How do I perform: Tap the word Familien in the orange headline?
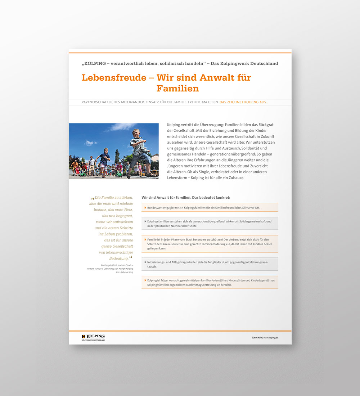click(x=177, y=88)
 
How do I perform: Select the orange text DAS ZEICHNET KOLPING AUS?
click(x=243, y=102)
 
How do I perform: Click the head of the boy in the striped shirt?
click(x=136, y=132)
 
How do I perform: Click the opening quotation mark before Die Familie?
click(x=93, y=198)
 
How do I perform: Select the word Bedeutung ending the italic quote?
click(x=119, y=258)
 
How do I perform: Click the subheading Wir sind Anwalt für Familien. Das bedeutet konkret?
click(x=186, y=198)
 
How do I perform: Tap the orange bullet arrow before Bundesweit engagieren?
click(x=145, y=208)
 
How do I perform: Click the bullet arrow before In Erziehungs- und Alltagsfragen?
click(x=145, y=262)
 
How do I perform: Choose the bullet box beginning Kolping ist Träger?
click(x=210, y=283)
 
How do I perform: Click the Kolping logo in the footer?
click(x=93, y=337)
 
